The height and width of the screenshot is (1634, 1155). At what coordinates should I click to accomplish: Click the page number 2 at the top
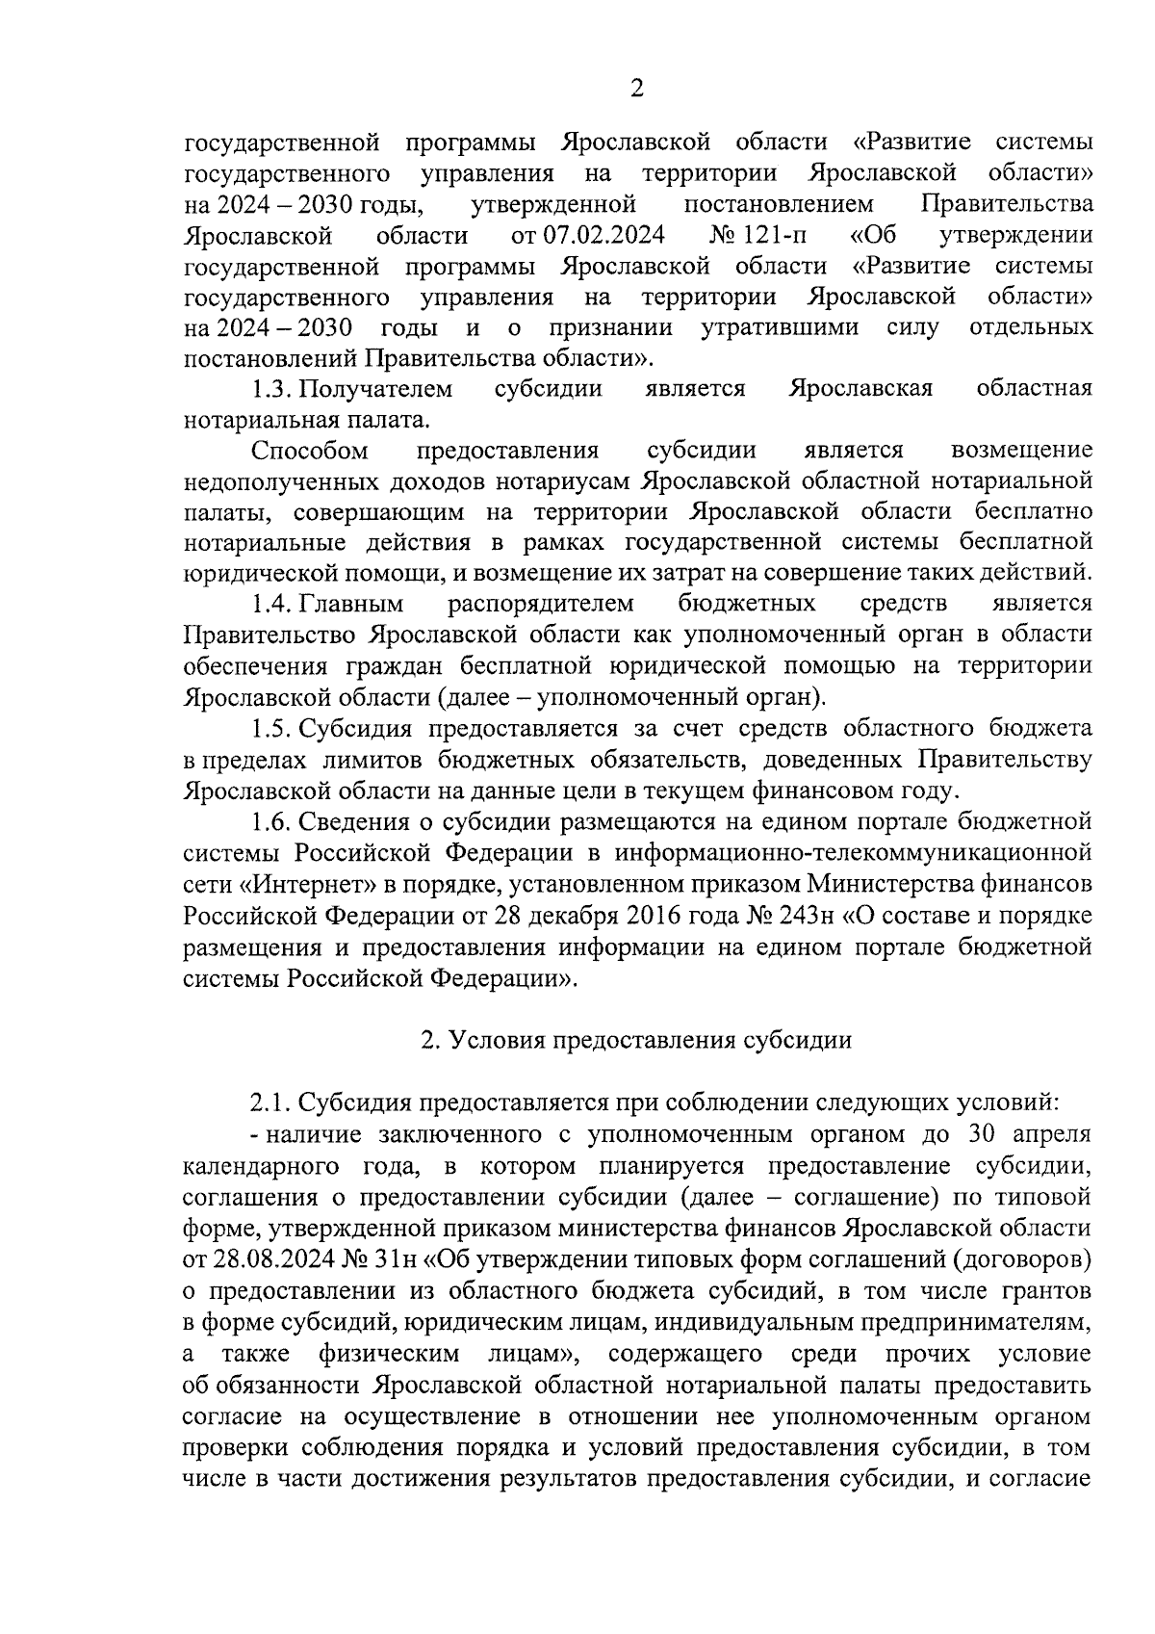coord(636,90)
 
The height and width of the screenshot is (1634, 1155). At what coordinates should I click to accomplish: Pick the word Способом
coord(310,450)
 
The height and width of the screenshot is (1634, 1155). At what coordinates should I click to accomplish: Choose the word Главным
coord(352,604)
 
